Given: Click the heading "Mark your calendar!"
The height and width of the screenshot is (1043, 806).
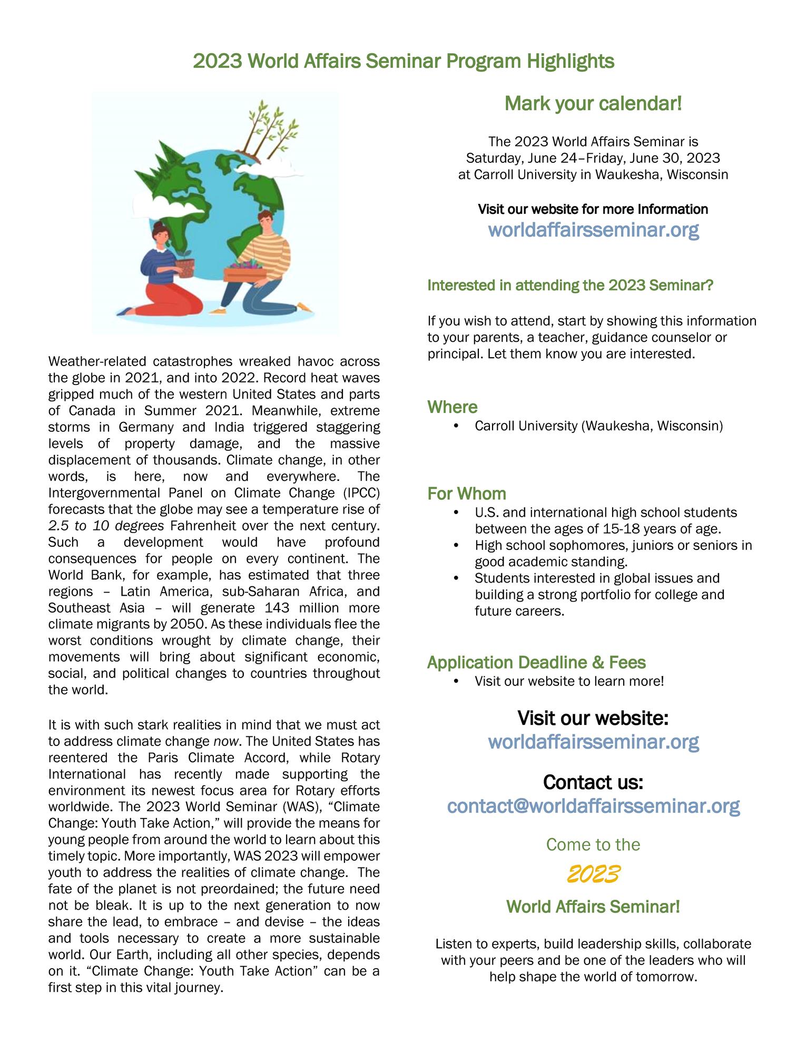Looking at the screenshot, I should pyautogui.click(x=593, y=104).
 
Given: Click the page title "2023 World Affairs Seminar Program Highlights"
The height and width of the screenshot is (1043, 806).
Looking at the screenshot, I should pyautogui.click(x=403, y=61).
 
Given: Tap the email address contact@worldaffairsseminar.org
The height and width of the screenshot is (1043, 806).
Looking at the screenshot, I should pyautogui.click(x=593, y=805).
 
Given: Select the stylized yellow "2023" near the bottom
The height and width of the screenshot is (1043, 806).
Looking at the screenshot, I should pyautogui.click(x=593, y=874).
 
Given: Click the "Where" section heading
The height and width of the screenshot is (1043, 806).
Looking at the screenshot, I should pyautogui.click(x=452, y=407).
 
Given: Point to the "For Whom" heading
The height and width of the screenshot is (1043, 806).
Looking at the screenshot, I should pyautogui.click(x=466, y=494).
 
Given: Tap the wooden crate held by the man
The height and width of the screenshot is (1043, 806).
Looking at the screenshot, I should pyautogui.click(x=244, y=273).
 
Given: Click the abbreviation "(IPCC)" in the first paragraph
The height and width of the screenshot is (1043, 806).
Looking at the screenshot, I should pyautogui.click(x=360, y=493).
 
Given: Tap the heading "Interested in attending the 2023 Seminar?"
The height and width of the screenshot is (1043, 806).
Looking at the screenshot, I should pyautogui.click(x=570, y=286).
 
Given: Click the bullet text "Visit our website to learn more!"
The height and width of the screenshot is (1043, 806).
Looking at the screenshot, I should pyautogui.click(x=569, y=681).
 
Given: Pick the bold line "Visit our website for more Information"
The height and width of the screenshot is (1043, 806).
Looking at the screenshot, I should pyautogui.click(x=593, y=209).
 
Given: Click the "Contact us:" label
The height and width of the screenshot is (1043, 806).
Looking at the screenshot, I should pyautogui.click(x=593, y=782).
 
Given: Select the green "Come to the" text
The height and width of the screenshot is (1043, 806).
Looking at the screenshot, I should pyautogui.click(x=593, y=844).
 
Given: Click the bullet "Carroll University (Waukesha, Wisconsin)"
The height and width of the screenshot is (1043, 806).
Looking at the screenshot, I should pyautogui.click(x=598, y=426).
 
